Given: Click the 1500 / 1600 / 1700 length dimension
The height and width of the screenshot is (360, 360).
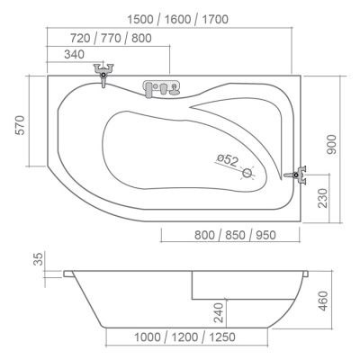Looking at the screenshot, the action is (178, 20).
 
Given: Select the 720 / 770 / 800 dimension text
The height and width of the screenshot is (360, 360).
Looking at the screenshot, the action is (111, 38).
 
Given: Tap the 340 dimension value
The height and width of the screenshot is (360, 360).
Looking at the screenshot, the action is (75, 55).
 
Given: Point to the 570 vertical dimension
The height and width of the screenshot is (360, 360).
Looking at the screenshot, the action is (20, 125).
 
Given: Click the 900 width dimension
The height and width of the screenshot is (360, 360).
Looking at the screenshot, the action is (331, 144).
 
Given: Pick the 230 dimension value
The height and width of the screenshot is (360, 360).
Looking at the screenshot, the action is (323, 198).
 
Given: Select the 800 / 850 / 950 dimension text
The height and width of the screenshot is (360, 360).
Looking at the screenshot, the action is (235, 235).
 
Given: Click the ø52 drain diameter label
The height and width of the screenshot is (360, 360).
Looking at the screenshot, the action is (228, 160).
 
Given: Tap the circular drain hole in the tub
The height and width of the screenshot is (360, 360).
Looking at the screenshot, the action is (247, 173).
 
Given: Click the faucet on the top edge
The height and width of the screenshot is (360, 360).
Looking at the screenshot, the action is (103, 74).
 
